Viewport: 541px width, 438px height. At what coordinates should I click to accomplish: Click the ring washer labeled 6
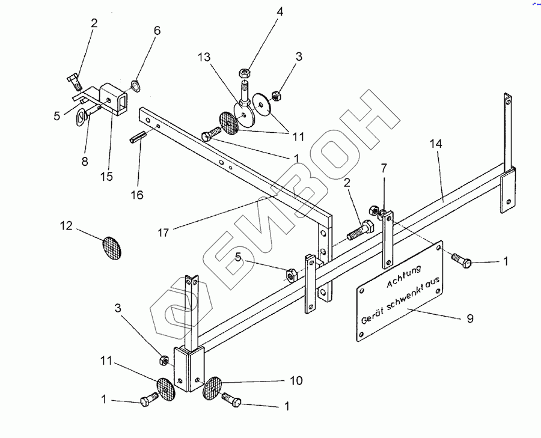(x=136, y=85)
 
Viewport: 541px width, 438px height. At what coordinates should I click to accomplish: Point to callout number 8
(x=85, y=160)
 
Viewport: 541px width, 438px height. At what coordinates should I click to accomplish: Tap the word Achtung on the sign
(x=404, y=276)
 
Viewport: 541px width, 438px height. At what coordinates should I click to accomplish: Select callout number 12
(x=66, y=226)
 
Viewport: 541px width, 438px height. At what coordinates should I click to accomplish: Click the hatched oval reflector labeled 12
(x=111, y=246)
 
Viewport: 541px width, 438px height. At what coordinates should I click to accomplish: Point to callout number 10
(x=295, y=381)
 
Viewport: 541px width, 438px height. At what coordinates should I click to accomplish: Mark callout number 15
(x=107, y=177)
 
